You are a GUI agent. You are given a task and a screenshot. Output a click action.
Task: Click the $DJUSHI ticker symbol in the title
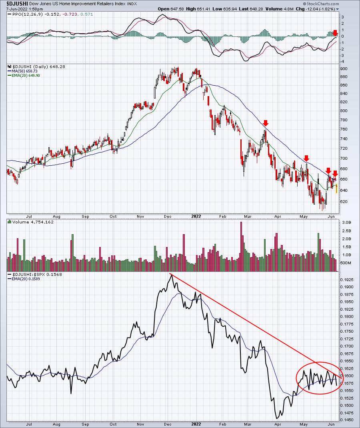coord(17,4)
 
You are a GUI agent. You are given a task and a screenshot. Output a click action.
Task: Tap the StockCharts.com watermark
coord(321,4)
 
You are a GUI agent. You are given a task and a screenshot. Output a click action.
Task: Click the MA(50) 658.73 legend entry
coord(24,71)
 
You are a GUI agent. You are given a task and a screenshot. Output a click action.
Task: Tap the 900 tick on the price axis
coord(343,69)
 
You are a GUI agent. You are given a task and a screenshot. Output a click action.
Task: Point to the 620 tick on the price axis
coord(343,201)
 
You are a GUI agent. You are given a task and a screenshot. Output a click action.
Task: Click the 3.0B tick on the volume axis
coord(346,223)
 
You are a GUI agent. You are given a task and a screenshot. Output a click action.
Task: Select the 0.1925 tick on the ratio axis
coord(346,280)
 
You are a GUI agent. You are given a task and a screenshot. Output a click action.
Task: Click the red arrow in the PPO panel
coord(335,33)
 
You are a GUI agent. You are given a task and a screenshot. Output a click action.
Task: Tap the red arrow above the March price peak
coord(266,123)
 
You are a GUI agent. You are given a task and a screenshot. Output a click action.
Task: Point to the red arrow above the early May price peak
coord(306,158)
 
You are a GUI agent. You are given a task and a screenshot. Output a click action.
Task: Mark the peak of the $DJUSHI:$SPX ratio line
coord(171,275)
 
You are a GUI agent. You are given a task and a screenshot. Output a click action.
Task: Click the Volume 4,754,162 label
coord(33,222)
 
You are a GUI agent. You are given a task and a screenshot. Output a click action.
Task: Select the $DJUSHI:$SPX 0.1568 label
coord(37,274)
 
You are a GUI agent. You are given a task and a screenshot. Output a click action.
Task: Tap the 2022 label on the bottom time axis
coord(196,424)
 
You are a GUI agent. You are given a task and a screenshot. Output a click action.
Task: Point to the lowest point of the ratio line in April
coord(277,418)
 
